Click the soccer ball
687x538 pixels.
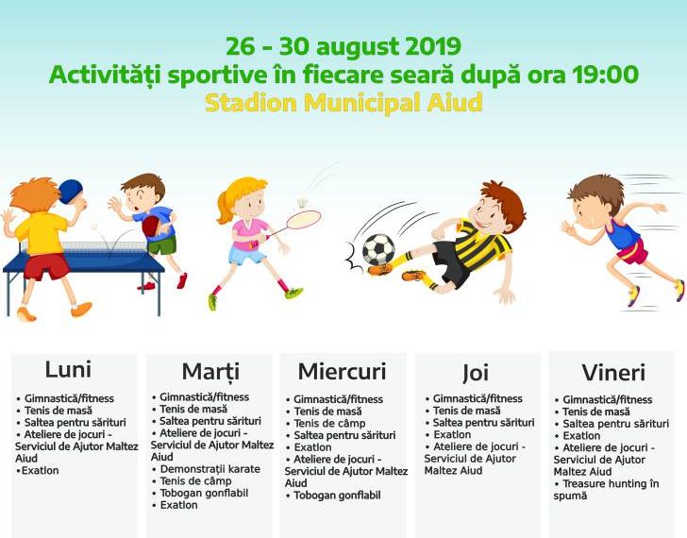[x=378, y=249]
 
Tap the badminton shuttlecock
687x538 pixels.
[x=302, y=203]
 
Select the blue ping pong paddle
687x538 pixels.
[x=71, y=192]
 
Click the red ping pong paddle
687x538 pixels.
[x=152, y=227]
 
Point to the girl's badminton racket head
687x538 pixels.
[x=303, y=220]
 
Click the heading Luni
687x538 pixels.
[x=68, y=369]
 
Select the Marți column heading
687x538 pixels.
[x=210, y=372]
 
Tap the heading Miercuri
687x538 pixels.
[x=342, y=372]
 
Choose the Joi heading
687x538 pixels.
[x=476, y=373]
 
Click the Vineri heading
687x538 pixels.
[x=613, y=373]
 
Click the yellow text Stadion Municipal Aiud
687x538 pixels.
[x=343, y=104]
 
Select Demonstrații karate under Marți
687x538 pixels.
[x=209, y=469]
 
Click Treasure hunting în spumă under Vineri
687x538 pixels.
[x=607, y=490]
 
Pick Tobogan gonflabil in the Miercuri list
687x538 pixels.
[x=337, y=496]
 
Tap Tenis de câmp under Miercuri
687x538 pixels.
[x=329, y=424]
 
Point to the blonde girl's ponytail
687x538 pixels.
[x=225, y=208]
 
